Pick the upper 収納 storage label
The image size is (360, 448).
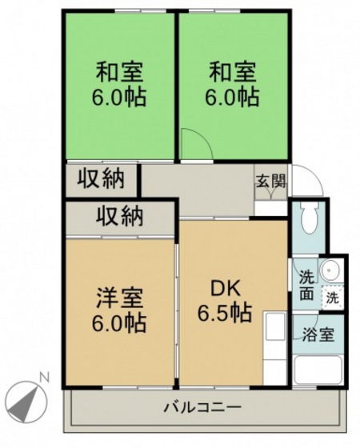point(101,180)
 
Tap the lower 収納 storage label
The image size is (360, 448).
point(121,216)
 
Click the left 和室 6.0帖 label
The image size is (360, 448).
point(120,85)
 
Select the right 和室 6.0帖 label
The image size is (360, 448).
point(233,85)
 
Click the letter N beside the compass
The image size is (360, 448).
point(46,377)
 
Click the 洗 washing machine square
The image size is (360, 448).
point(331,298)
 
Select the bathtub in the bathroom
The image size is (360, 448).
point(317,370)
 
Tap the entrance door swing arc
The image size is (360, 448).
point(308,180)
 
